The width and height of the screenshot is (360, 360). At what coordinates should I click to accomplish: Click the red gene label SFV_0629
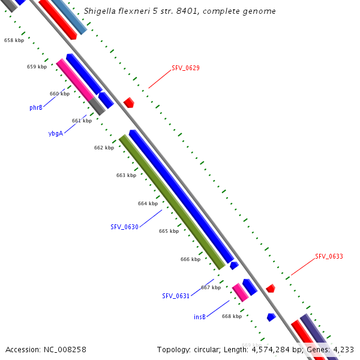pyautogui.click(x=185, y=68)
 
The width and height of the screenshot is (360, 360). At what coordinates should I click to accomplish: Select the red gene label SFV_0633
pyautogui.click(x=329, y=256)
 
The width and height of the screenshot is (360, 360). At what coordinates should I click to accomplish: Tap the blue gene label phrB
pyautogui.click(x=36, y=108)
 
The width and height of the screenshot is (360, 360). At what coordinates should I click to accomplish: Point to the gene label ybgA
pyautogui.click(x=55, y=133)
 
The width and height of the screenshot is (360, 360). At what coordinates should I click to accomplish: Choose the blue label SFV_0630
pyautogui.click(x=124, y=227)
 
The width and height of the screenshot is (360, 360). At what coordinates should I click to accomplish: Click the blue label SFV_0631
pyautogui.click(x=176, y=296)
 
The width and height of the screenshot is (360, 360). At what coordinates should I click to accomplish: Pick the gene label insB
pyautogui.click(x=200, y=316)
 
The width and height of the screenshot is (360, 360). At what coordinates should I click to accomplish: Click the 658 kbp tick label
pyautogui.click(x=14, y=40)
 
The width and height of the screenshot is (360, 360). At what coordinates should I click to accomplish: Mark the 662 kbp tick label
pyautogui.click(x=104, y=148)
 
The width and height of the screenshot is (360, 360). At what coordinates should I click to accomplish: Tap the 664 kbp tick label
pyautogui.click(x=148, y=203)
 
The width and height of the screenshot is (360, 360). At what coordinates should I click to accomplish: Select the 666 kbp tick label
pyautogui.click(x=190, y=259)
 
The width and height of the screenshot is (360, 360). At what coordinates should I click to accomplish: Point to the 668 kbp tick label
pyautogui.click(x=232, y=316)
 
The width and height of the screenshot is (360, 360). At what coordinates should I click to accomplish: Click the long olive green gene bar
pyautogui.click(x=172, y=202)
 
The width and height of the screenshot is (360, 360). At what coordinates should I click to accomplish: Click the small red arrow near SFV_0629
pyautogui.click(x=128, y=103)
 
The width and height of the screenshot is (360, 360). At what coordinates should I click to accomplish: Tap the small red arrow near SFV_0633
pyautogui.click(x=271, y=289)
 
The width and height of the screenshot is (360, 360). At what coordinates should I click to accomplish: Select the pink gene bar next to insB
pyautogui.click(x=240, y=292)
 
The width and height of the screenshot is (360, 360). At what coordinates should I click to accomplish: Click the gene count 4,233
pyautogui.click(x=341, y=349)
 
